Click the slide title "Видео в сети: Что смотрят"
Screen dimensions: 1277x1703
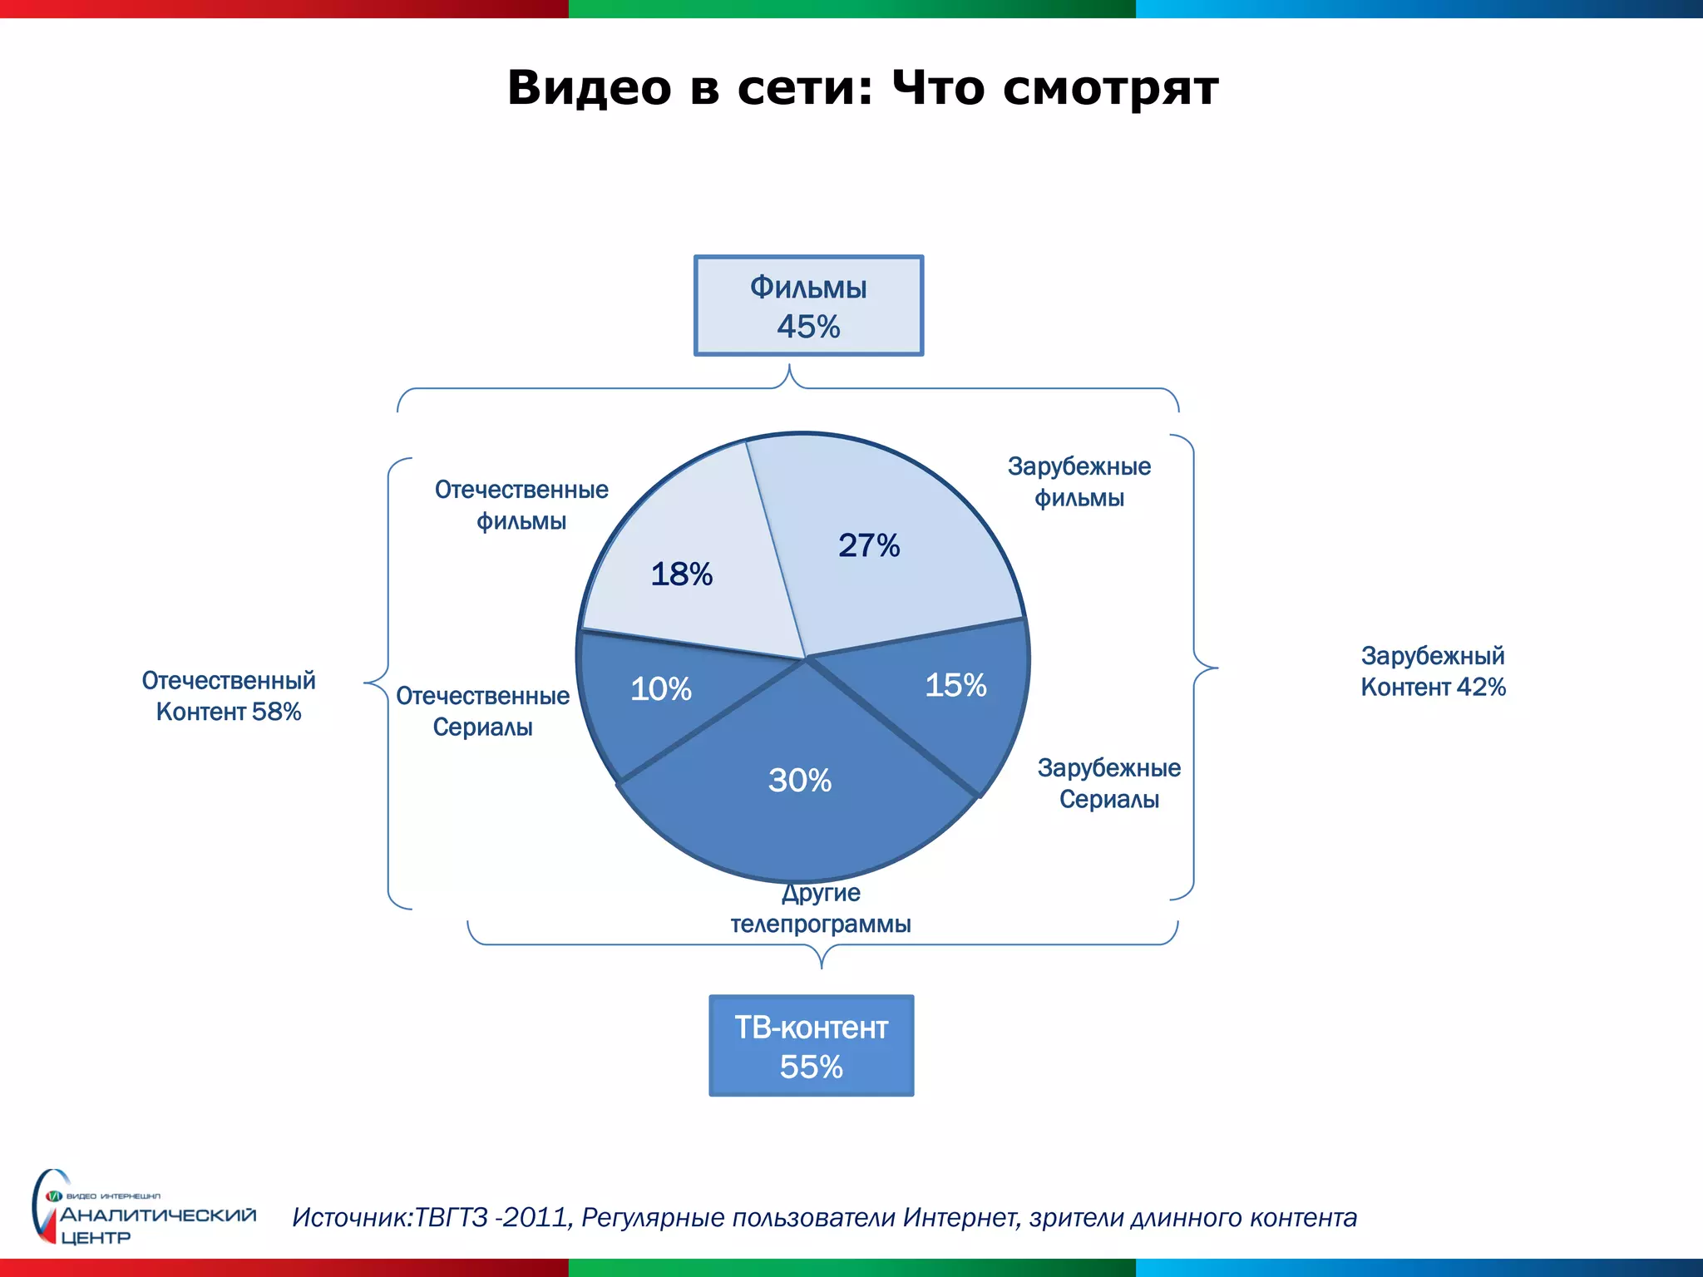862,87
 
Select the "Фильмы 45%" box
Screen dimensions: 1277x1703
808,306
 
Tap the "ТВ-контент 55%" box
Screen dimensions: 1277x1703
811,1046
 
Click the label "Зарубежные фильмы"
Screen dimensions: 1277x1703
1079,482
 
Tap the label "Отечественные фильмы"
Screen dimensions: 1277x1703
521,505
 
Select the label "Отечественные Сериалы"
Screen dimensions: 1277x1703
482,712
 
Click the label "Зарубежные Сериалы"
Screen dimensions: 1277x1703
1108,783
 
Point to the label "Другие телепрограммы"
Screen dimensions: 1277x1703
821,909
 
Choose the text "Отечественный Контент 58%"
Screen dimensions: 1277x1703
229,696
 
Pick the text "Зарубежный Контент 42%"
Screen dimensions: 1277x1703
1433,672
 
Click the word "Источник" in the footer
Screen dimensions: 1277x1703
351,1218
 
